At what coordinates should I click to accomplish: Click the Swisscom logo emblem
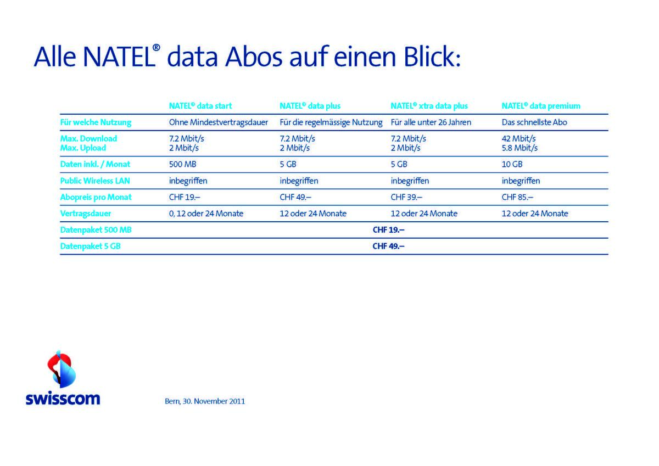62,369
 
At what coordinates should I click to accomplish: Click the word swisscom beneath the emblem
63,398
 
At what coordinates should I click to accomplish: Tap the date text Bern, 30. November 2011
205,401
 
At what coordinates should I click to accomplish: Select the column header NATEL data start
200,106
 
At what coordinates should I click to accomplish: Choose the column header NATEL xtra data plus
429,106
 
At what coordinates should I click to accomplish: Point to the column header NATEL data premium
541,106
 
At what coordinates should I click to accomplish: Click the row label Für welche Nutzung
96,122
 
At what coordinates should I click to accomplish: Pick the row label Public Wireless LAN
94,181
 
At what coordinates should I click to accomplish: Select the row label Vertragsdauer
86,214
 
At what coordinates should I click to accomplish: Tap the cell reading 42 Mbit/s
518,138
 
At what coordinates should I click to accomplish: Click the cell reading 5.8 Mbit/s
520,148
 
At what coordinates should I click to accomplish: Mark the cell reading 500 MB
182,164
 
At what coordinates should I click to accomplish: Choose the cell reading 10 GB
512,164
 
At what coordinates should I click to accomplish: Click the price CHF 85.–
517,197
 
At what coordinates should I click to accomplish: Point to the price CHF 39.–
406,197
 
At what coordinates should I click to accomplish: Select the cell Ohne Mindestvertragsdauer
219,122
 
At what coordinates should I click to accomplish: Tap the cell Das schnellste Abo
534,122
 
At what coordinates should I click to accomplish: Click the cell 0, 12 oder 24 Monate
206,214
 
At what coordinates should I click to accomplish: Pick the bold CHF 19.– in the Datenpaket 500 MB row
388,229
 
